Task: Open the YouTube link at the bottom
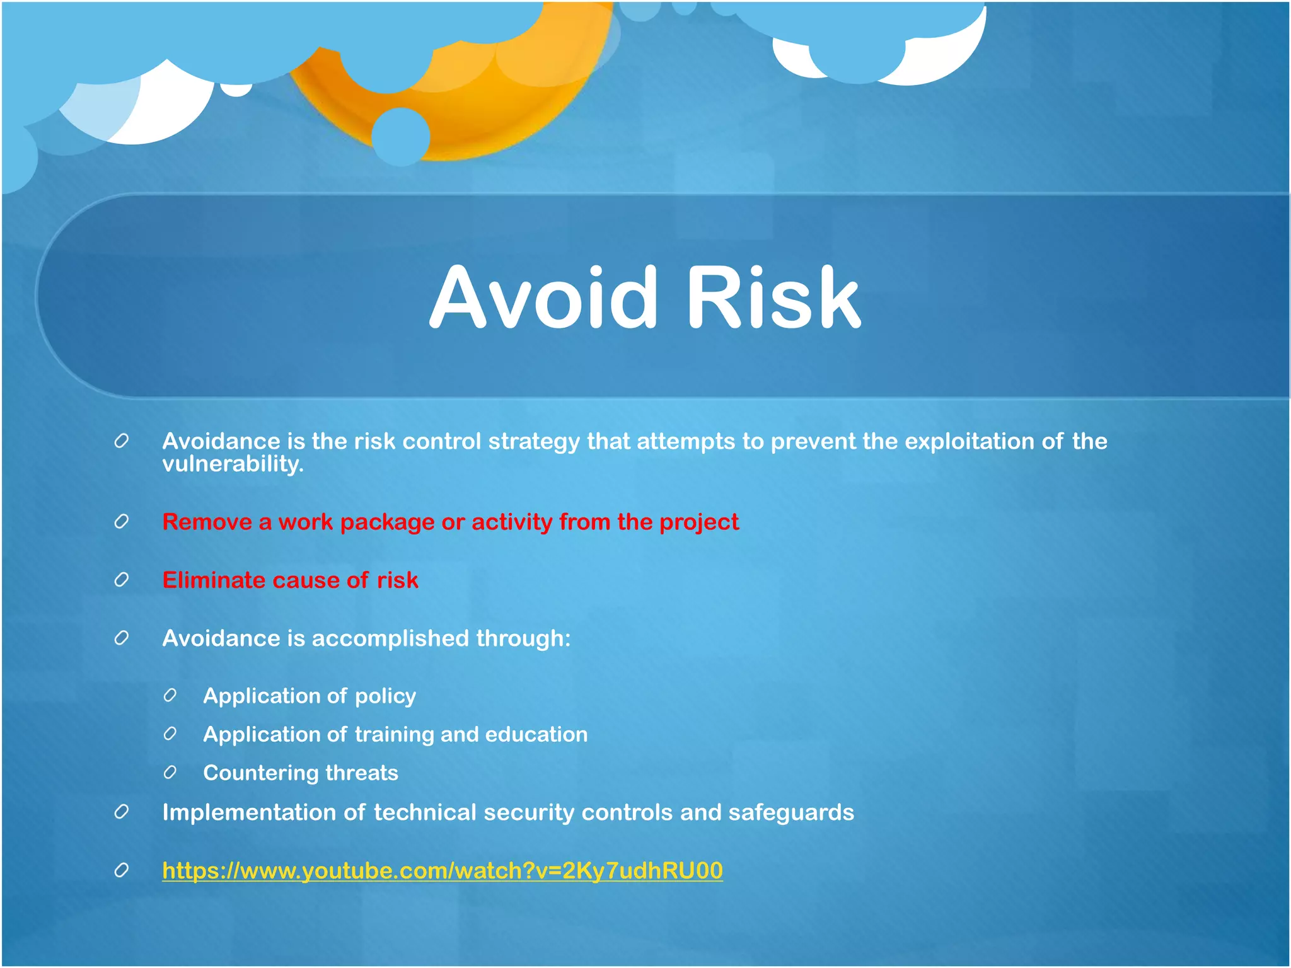tap(442, 870)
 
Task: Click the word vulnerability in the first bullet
tap(233, 464)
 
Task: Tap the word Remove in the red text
tap(207, 522)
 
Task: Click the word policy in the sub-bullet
tap(385, 696)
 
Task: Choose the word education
tap(536, 734)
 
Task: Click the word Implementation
tap(249, 813)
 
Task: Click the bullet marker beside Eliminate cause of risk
tap(122, 580)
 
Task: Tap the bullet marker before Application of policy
tap(170, 696)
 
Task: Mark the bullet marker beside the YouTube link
tap(122, 870)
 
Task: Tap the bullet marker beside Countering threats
tap(170, 773)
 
